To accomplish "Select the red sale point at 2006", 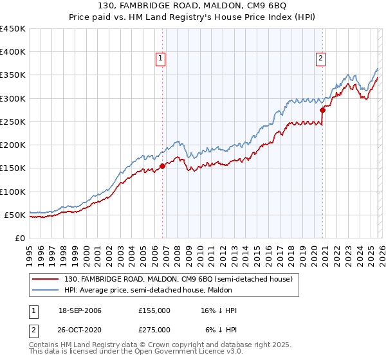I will tap(162, 166).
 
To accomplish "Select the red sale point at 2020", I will tap(322, 110).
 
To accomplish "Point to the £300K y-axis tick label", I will tap(13, 98).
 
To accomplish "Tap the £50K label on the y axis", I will tap(15, 215).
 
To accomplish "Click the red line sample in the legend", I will tap(46, 279).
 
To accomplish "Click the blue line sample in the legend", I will tap(46, 290).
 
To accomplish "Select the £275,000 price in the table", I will tap(154, 329).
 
